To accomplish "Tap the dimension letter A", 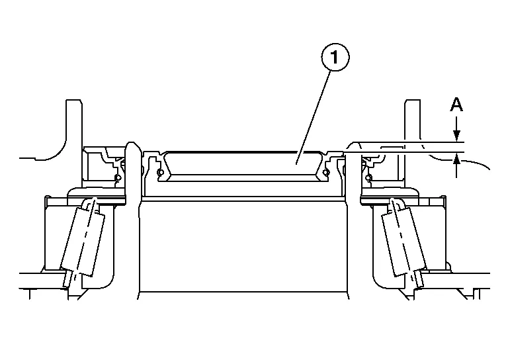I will coord(456,104).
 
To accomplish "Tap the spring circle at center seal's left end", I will coord(160,173).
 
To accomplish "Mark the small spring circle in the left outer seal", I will coord(117,178).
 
